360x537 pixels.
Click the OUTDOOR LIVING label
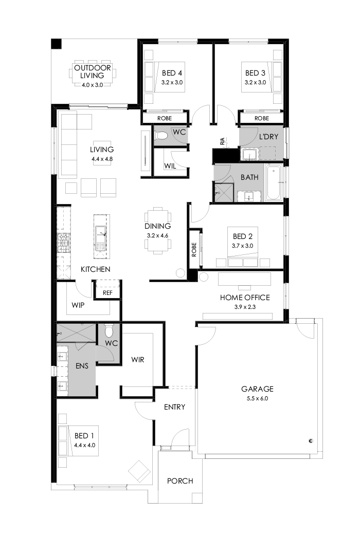click(92, 72)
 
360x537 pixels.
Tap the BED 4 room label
click(172, 72)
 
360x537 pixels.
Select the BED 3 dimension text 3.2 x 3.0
click(255, 82)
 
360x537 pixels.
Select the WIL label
click(170, 166)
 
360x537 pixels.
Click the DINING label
click(157, 226)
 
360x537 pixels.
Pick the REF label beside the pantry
click(107, 293)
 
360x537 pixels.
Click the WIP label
click(78, 305)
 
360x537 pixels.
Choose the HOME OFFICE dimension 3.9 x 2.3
click(245, 307)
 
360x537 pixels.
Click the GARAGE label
click(257, 389)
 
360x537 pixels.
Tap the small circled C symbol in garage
click(311, 440)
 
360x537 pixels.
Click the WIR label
click(138, 359)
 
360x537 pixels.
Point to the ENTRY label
click(174, 407)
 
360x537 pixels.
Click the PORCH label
click(180, 481)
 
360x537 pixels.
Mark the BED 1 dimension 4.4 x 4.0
click(85, 446)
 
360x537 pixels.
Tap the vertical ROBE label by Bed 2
click(194, 250)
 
